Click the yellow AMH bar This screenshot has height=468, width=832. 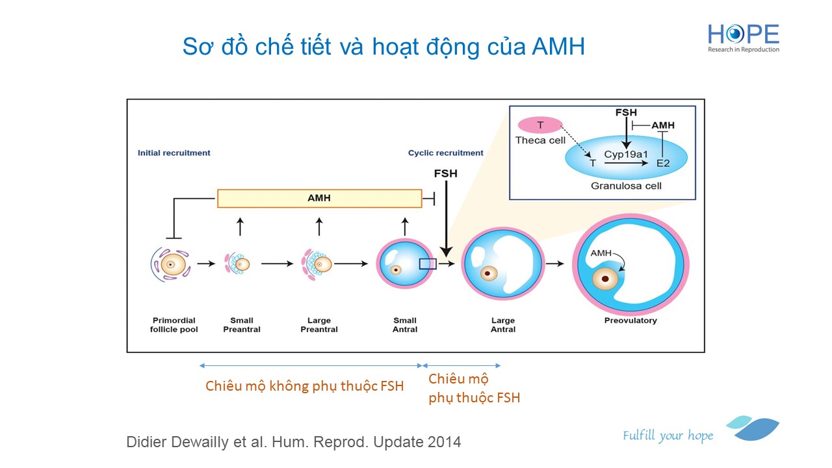(318, 198)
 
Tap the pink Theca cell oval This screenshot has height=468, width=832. (540, 125)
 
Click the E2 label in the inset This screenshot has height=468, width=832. (662, 163)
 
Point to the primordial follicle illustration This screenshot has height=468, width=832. (170, 264)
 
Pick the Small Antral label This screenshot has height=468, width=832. (404, 325)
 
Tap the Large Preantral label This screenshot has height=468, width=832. (318, 325)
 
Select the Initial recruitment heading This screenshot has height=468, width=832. (174, 153)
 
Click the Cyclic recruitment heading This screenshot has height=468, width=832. (445, 153)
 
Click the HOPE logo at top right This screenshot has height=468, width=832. (743, 38)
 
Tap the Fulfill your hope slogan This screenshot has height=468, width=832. (668, 435)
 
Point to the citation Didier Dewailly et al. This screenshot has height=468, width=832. (293, 442)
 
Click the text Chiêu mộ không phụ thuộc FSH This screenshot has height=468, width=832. (304, 386)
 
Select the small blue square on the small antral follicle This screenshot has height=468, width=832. (428, 263)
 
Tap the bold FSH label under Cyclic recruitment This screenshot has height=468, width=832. (445, 174)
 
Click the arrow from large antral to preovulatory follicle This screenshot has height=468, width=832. (554, 264)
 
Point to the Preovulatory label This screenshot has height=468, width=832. (630, 320)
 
